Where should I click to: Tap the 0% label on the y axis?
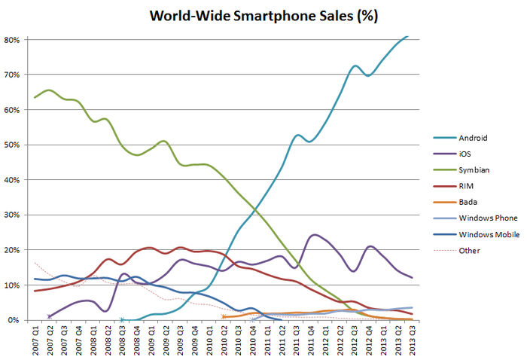(13, 320)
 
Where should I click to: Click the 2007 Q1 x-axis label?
(35, 338)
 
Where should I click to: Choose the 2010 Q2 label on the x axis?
(224, 338)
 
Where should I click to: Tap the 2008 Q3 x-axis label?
(122, 338)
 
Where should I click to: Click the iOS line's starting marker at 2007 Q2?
(50, 316)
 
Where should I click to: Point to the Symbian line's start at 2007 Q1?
(35, 97)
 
